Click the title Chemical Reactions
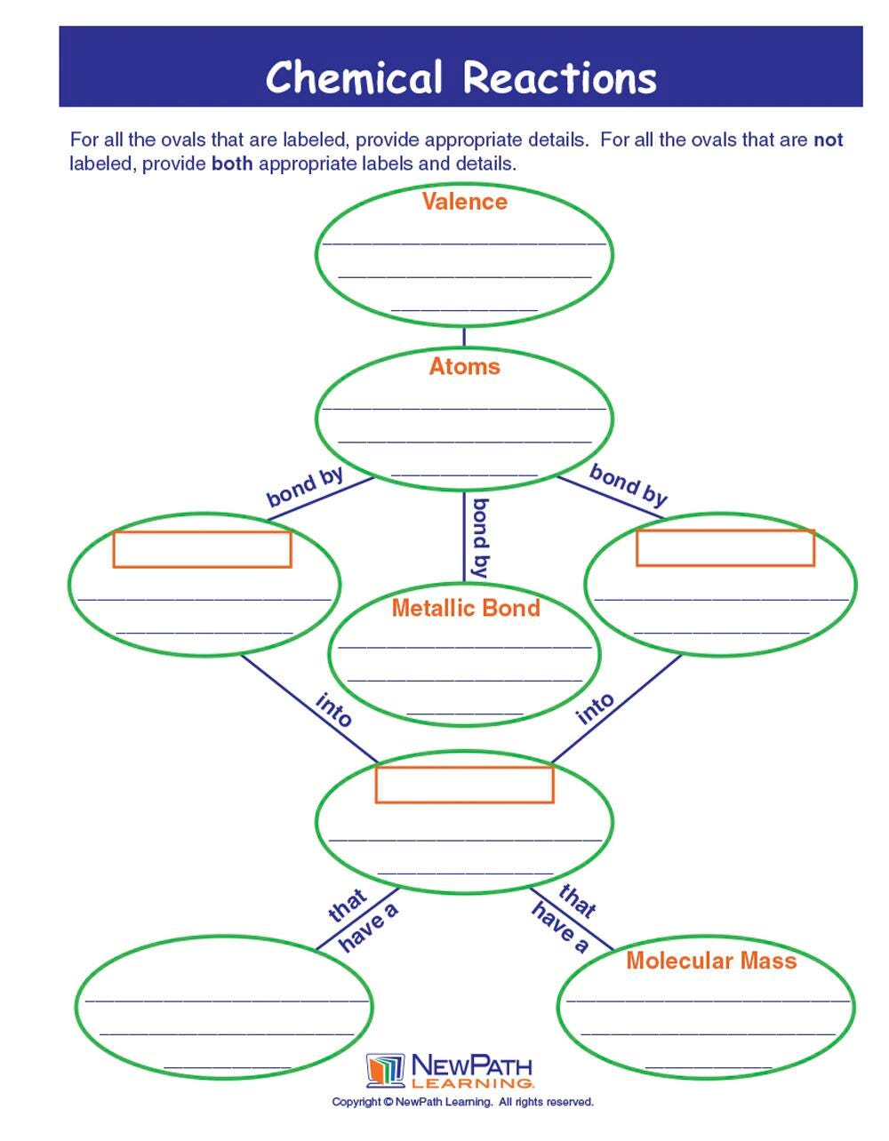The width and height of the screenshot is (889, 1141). point(461,77)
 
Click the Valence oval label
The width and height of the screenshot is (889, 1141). point(464,202)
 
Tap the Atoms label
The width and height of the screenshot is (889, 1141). point(464,366)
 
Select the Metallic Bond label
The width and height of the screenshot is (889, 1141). point(466,608)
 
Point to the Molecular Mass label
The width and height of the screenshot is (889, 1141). point(711,961)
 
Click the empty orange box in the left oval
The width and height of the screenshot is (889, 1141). point(202,549)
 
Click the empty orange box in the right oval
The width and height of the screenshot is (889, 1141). point(725,547)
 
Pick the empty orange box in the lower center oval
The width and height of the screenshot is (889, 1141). point(464,785)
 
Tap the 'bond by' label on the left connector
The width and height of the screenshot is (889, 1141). point(305,487)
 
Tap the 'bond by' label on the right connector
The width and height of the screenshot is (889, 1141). point(629,485)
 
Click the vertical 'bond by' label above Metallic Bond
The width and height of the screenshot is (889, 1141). point(480,539)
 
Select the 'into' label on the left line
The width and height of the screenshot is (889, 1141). point(334,710)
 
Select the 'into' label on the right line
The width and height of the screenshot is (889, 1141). point(596,708)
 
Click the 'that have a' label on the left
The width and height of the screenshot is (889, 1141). point(358,920)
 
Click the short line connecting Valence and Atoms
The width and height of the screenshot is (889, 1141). point(464,336)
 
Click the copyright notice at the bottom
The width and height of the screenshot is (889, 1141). point(462,1102)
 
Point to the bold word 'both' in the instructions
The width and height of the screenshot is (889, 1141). point(232,164)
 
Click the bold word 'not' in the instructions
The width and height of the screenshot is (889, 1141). point(828,140)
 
